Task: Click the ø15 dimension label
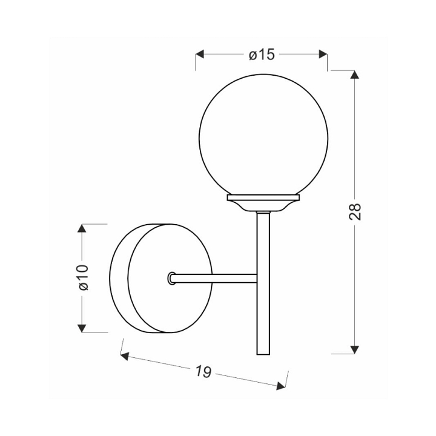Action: (262, 54)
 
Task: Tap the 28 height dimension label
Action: (355, 212)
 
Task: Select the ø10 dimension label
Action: (83, 277)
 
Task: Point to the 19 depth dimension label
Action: (203, 371)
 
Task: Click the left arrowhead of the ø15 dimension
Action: (199, 54)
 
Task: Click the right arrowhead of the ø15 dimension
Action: (323, 54)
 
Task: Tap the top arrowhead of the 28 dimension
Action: (354, 74)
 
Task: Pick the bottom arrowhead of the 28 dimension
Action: (354, 350)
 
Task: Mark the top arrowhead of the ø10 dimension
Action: (82, 228)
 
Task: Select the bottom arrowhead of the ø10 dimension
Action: (82, 328)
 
